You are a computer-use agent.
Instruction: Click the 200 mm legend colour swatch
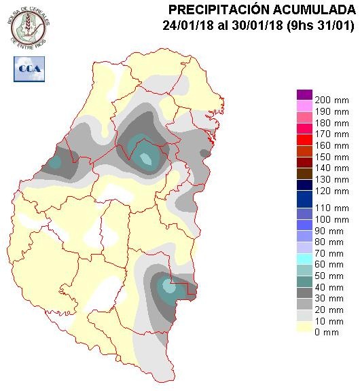pyautogui.click(x=304, y=95)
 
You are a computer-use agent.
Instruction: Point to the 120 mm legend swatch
pyautogui.click(x=304, y=195)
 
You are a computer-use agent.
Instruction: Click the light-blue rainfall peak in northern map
pyautogui.click(x=146, y=160)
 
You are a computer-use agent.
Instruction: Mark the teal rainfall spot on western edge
pyautogui.click(x=54, y=162)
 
